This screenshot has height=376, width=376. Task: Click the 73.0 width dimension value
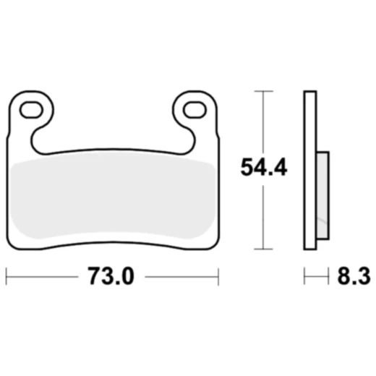pos(111,276)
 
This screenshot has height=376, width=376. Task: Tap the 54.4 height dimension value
pos(264,168)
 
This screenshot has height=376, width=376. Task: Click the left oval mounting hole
pos(31,110)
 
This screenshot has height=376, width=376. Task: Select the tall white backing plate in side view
pos(310,170)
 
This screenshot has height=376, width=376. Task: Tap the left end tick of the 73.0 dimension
pos(7,276)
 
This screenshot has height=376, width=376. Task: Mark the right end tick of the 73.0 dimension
pos(218,276)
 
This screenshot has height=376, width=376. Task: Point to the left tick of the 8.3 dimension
pos(304,276)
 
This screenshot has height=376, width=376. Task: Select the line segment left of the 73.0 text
pos(43,276)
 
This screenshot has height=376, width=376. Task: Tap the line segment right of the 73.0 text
pos(181,276)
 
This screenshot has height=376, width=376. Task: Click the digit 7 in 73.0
pos(93,276)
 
